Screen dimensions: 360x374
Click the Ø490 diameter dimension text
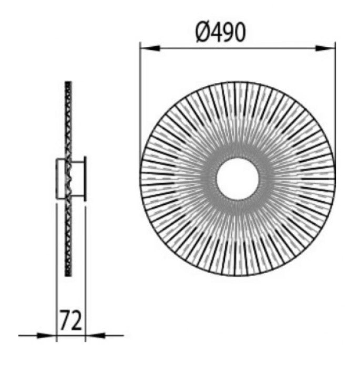coord(220,32)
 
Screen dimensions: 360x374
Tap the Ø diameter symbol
coord(202,33)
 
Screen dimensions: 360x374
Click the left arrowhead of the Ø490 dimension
coord(150,48)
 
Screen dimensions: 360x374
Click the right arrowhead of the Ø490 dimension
coord(325,48)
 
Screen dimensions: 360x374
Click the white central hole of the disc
coord(238,179)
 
